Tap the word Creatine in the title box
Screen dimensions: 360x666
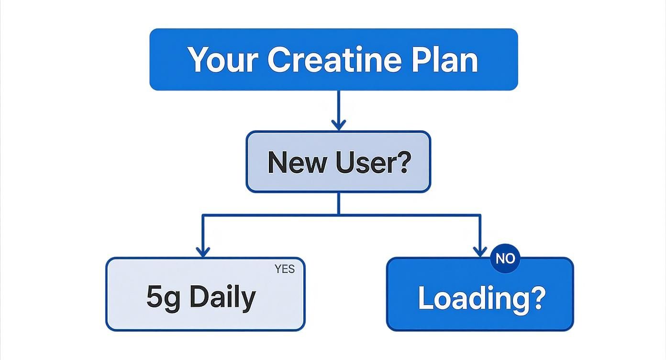coord(334,60)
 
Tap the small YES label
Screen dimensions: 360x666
coord(285,269)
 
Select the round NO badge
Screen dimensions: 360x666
coord(505,259)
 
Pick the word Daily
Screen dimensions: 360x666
coord(222,297)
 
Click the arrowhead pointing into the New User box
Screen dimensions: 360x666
coord(339,125)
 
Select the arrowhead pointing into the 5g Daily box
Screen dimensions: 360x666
coord(203,251)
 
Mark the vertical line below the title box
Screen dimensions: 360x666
coord(339,105)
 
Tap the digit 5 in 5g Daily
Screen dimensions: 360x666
coord(155,297)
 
